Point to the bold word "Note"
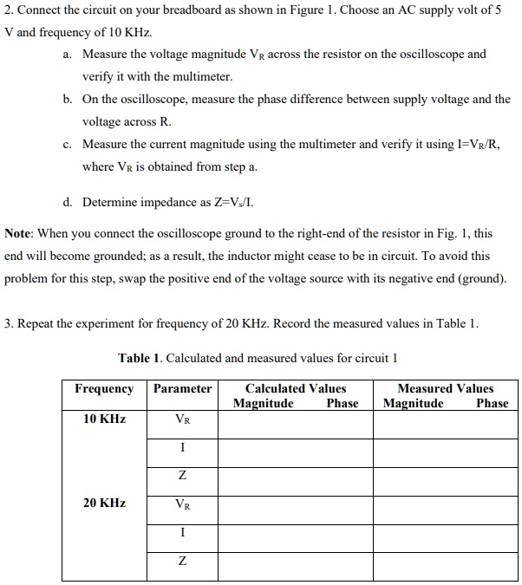19,234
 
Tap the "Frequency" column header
104,389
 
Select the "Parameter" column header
182,389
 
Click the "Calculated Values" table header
295,389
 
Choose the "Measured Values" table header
445,389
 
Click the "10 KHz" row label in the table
104,419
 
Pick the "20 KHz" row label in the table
104,504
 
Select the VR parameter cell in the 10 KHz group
182,420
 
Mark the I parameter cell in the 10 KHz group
182,448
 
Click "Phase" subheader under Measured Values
493,404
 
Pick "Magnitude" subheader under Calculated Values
263,404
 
